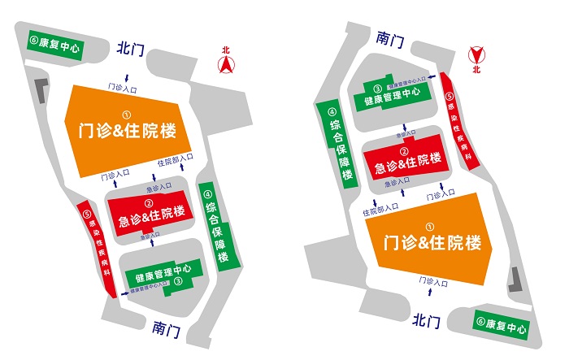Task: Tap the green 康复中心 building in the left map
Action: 55,46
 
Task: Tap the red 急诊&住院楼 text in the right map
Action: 407,163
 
